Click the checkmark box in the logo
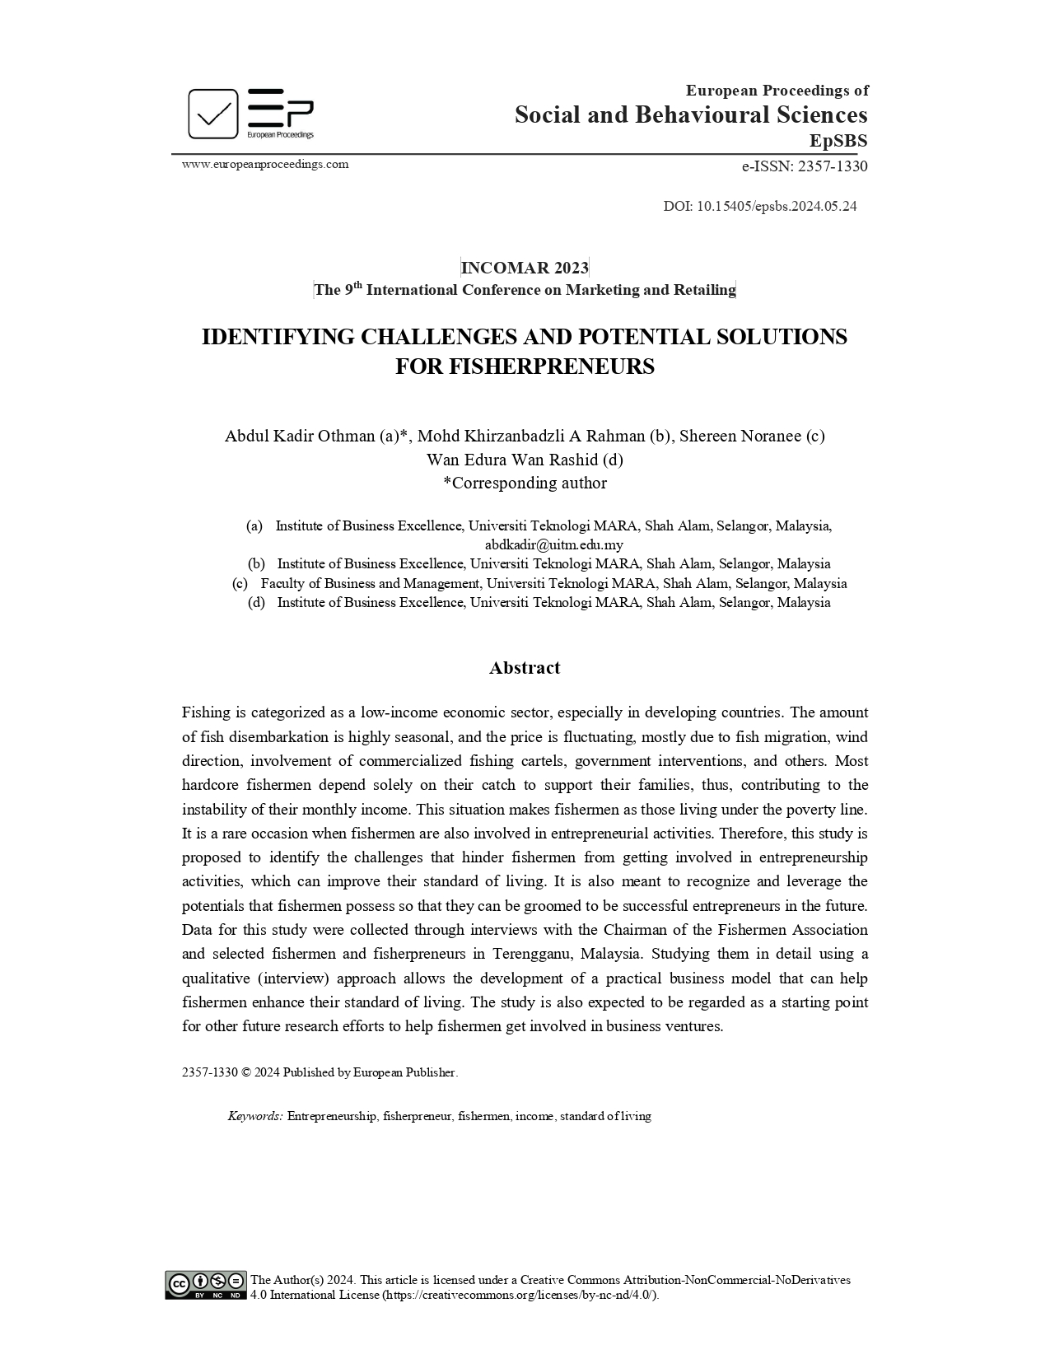tap(213, 114)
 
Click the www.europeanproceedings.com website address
tap(265, 164)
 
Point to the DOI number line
tap(759, 206)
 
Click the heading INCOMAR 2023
tap(525, 268)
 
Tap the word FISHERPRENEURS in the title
tap(525, 367)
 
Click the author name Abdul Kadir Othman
tap(300, 436)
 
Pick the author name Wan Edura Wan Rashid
tap(513, 460)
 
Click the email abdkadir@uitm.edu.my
tap(553, 544)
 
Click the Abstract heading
tap(525, 668)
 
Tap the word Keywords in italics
tap(255, 1116)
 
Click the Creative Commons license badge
tap(206, 1286)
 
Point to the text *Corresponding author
tap(525, 483)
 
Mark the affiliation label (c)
tap(240, 583)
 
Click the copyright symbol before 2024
tap(246, 1072)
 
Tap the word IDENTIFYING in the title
tap(278, 337)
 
